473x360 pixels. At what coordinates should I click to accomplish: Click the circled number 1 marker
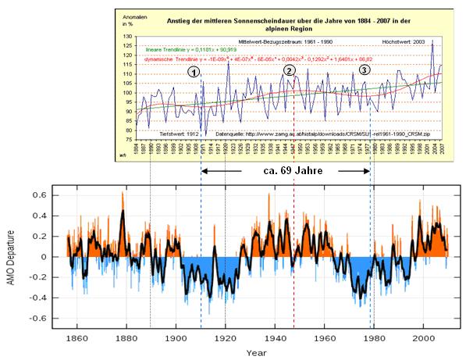pos(194,71)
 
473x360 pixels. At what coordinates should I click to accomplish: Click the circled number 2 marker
pos(290,70)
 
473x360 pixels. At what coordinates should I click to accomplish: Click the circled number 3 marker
pos(365,70)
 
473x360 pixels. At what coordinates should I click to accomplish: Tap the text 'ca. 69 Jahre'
pos(286,169)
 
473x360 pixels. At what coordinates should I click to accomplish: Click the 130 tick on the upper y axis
pos(128,37)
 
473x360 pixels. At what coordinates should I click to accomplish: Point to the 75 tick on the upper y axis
pos(130,140)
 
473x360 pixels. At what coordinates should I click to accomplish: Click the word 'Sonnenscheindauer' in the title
pos(247,15)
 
